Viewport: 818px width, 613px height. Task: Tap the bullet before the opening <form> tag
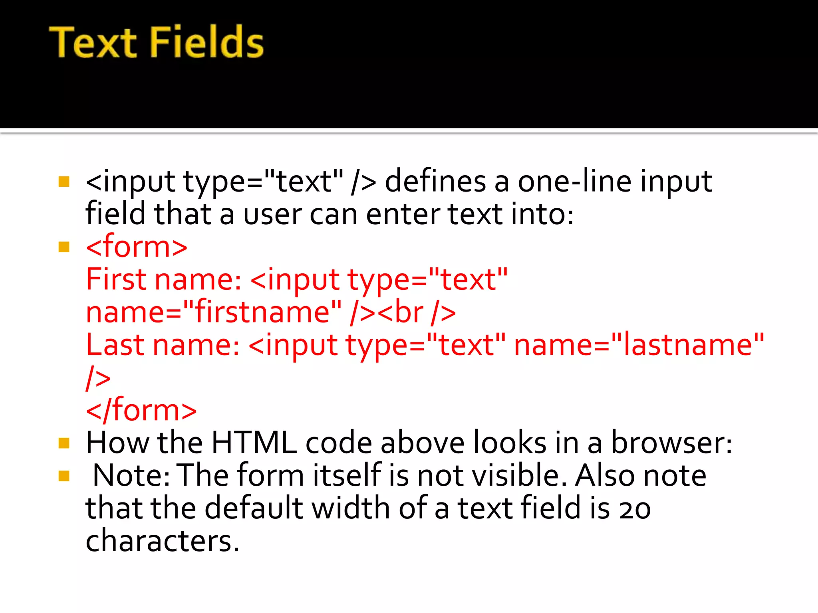point(64,247)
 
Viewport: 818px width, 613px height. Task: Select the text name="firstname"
point(214,312)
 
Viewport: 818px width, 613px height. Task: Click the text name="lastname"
point(639,345)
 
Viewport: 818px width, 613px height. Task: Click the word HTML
point(254,443)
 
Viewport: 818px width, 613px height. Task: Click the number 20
point(635,509)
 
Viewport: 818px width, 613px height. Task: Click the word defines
point(435,182)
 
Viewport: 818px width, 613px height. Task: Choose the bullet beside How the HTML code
point(64,443)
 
